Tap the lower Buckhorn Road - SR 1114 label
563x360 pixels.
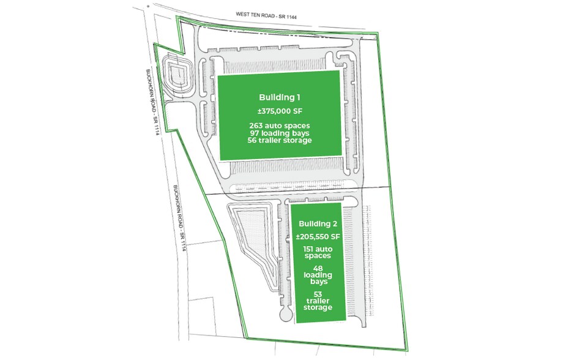(179, 218)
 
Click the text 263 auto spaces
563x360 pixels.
(279, 126)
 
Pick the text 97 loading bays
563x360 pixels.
(279, 133)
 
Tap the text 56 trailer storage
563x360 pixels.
(279, 140)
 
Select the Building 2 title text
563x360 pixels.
(318, 223)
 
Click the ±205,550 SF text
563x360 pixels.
(318, 237)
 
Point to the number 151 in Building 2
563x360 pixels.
(310, 249)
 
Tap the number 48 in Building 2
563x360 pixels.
(318, 268)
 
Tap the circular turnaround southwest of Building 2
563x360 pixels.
(286, 314)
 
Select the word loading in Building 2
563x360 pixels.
(318, 276)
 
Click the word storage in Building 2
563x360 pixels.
(318, 307)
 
